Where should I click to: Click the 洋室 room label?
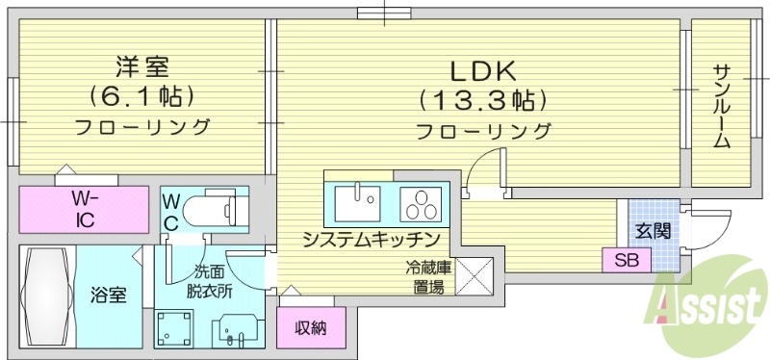click(x=142, y=67)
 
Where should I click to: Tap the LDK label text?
click(x=483, y=70)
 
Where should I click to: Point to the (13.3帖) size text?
click(x=483, y=98)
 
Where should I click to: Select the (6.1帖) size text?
click(x=142, y=96)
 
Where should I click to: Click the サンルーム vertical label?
click(x=721, y=106)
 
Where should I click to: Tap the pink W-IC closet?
click(x=85, y=209)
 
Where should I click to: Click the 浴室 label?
click(x=106, y=295)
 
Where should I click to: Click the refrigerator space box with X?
click(x=474, y=275)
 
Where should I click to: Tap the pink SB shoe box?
click(x=626, y=259)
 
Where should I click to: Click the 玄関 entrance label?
click(x=653, y=231)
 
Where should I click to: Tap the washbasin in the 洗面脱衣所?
click(x=234, y=329)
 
